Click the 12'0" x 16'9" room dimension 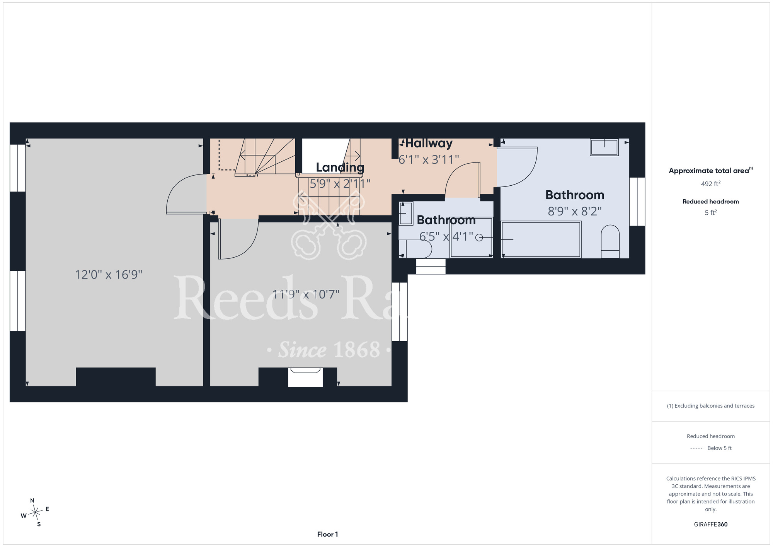coord(108,275)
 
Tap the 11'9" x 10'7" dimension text coord(306,294)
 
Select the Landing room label coord(340,168)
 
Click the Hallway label coord(429,144)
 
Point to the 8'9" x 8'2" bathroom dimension coord(575,211)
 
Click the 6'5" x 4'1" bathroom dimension coord(446,236)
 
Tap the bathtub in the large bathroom coord(541,239)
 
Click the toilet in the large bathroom coord(610,241)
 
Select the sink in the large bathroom coord(604,147)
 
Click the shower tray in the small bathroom coord(472,237)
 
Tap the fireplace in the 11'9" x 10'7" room coord(305,377)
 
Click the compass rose coord(35,513)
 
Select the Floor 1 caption coord(327,534)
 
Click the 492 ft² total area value coord(710,183)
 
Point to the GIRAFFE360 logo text coord(710,525)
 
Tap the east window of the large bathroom coord(637,202)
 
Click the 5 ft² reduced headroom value coord(710,212)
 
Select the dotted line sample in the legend coord(696,448)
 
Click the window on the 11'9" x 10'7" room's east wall coord(400,311)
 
